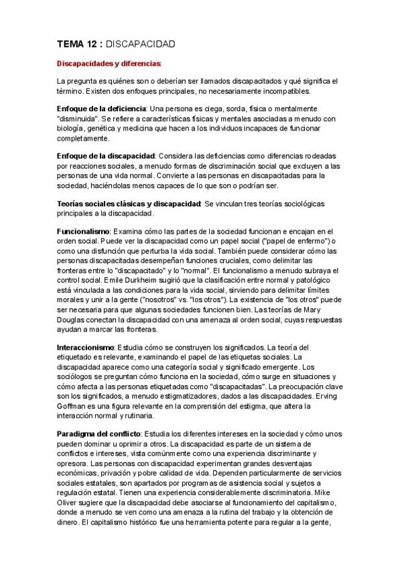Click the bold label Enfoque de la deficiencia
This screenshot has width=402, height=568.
[101, 109]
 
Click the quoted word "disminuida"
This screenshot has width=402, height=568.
[80, 118]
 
